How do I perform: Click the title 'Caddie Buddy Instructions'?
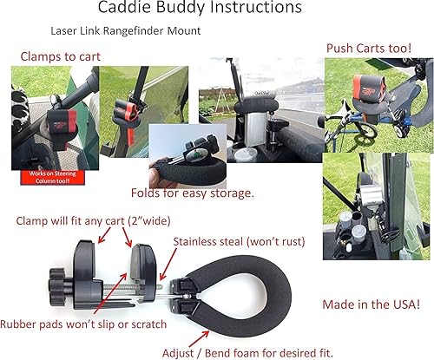click(x=216, y=10)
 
